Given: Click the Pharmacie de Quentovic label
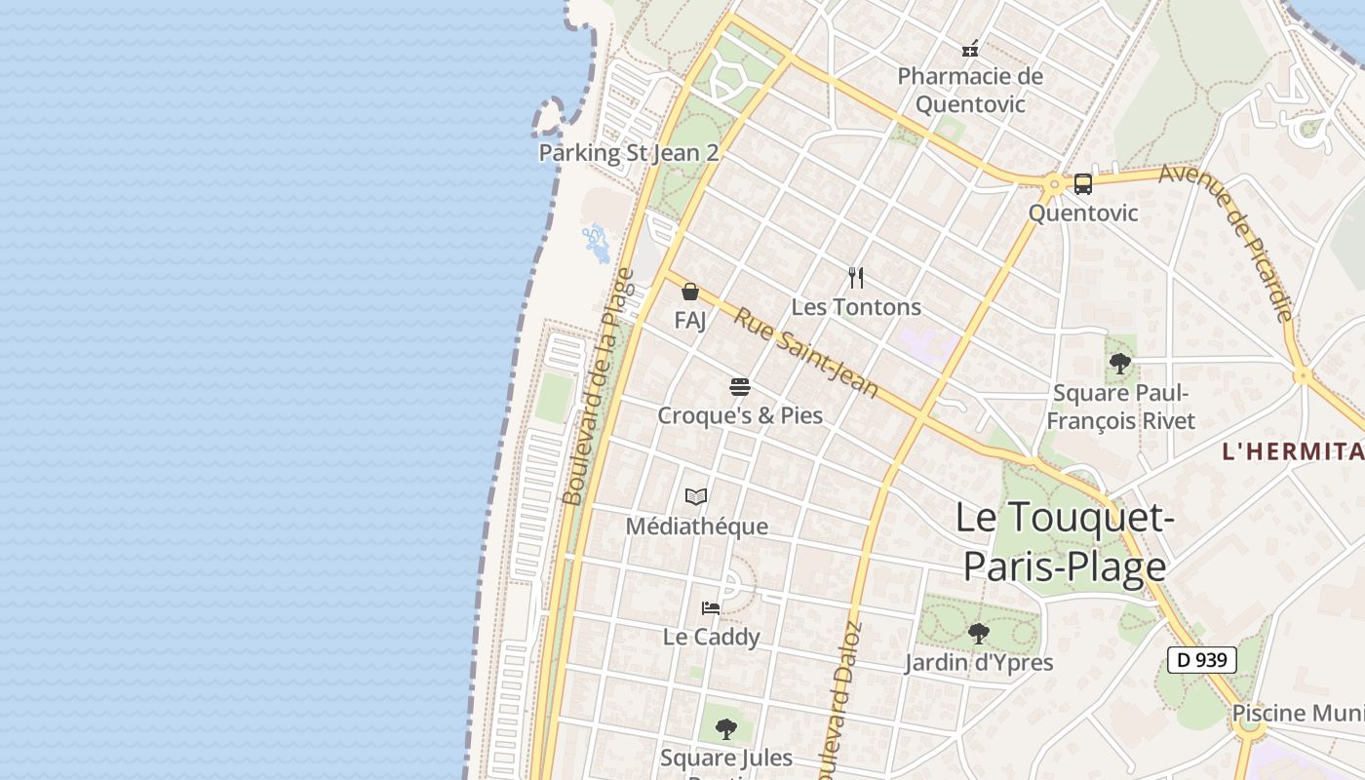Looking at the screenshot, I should (969, 90).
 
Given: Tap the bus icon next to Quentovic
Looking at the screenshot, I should (1082, 184).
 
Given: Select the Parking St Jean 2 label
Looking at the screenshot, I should (629, 153).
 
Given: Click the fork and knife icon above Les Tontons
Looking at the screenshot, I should (856, 278).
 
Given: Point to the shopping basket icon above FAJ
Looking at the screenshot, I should (690, 292).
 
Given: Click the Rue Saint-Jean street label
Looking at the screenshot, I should (805, 353).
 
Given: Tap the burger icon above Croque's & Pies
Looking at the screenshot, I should (739, 387).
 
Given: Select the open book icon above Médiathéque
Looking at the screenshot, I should (695, 497).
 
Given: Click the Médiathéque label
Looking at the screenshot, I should (696, 526).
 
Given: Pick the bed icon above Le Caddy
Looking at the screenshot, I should (711, 608).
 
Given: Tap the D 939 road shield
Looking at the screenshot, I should (1201, 660).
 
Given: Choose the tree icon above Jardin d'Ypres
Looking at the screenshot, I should (978, 634).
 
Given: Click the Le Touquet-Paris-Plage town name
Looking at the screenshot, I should (1064, 541).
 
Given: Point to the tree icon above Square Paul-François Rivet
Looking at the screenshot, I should (1120, 365).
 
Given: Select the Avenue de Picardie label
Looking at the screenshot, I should (1228, 242).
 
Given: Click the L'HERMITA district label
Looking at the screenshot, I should (1293, 451).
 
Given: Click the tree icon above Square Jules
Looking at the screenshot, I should (725, 728).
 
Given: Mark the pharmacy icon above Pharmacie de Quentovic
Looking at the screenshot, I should (970, 48).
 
